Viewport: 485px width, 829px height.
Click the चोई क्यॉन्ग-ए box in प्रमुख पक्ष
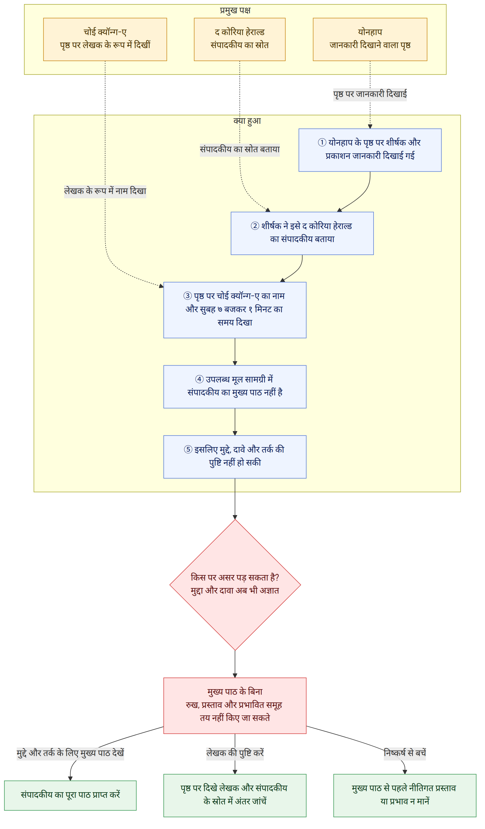click(105, 40)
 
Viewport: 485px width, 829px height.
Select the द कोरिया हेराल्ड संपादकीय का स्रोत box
click(240, 40)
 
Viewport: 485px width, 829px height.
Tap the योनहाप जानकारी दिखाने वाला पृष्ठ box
click(370, 40)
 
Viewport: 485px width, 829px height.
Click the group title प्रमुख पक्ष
click(235, 10)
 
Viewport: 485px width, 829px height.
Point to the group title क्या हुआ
click(247, 121)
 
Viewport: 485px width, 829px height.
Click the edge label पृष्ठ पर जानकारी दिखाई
click(370, 95)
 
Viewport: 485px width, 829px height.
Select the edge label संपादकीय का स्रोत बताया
click(240, 150)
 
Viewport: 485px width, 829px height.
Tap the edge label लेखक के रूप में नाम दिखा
click(105, 191)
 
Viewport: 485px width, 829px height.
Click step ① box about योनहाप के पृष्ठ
click(370, 150)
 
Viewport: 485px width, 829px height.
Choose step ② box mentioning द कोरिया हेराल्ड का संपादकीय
click(302, 233)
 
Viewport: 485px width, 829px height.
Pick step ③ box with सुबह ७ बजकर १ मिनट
click(235, 310)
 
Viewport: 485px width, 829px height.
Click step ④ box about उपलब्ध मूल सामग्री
click(235, 387)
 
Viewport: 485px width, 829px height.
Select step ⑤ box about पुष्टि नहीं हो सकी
click(235, 457)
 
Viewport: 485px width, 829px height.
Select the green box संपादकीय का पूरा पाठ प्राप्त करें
click(71, 795)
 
